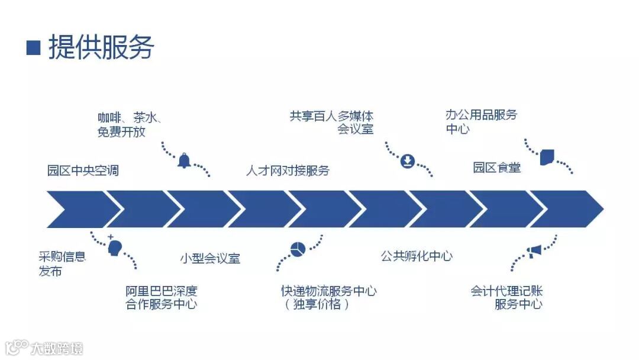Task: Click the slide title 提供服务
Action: coord(101,47)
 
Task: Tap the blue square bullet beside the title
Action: coord(33,47)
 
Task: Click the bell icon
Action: coord(185,160)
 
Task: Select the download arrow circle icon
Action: coord(407,161)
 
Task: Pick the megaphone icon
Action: coord(534,252)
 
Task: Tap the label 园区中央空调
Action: coord(83,171)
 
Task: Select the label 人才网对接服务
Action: coord(288,171)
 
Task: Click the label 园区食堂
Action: coord(496,168)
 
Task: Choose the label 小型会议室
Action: coord(210,258)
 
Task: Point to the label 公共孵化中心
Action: coord(417,256)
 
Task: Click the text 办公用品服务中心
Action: coord(481,121)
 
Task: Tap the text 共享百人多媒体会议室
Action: coord(332,122)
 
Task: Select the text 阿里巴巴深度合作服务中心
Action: coord(161,298)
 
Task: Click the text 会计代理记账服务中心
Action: coord(507,298)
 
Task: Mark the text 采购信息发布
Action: coord(62,264)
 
